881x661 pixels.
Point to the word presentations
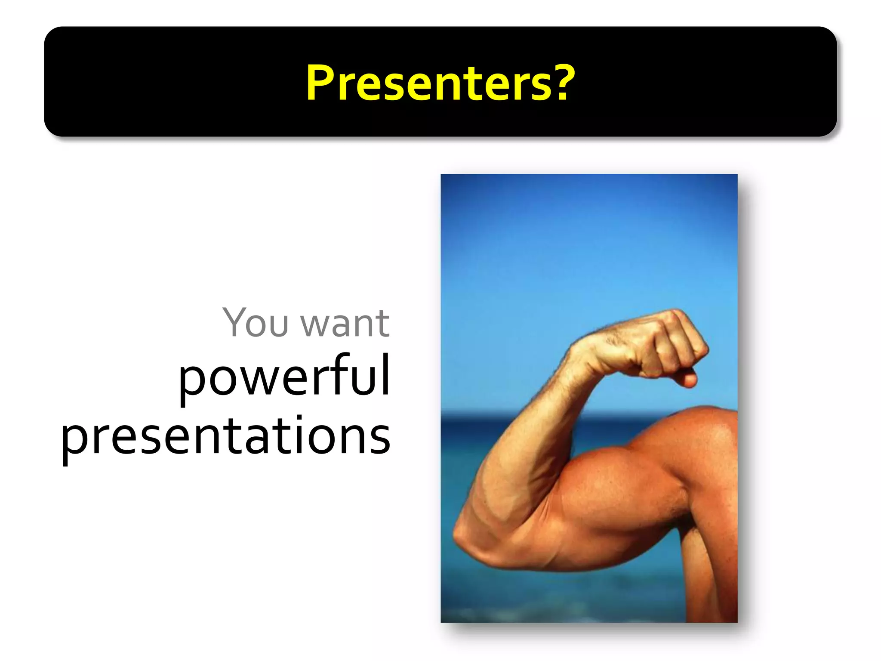pyautogui.click(x=226, y=437)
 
